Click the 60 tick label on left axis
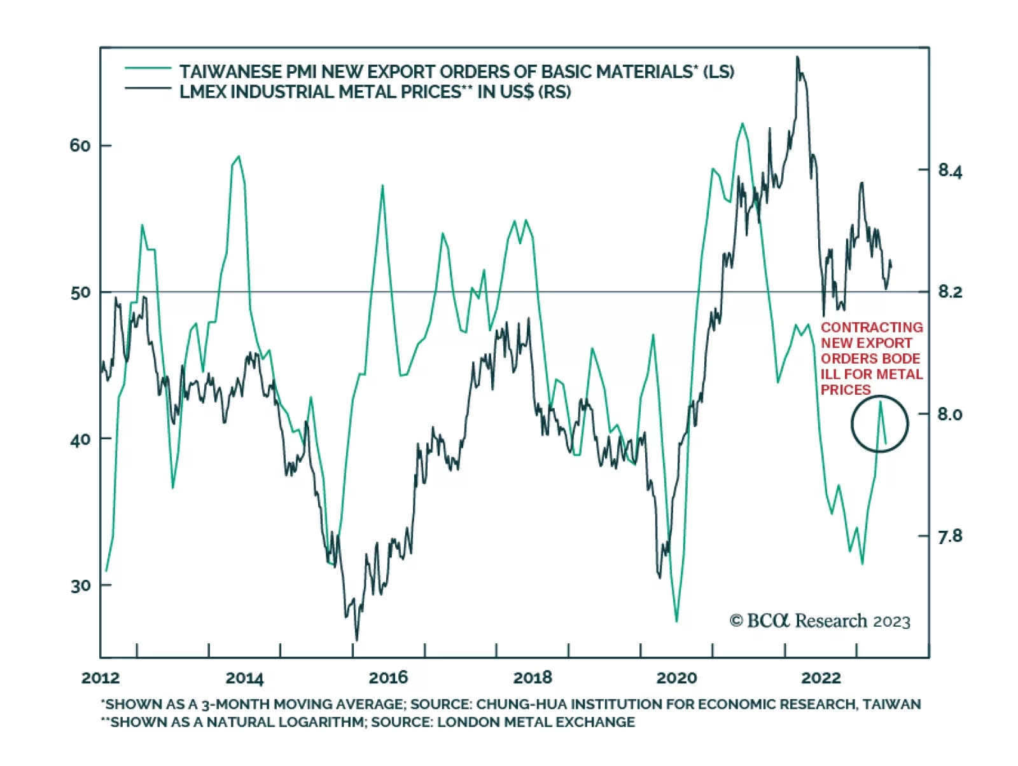pos(80,146)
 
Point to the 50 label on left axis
pos(80,293)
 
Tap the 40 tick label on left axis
pos(80,439)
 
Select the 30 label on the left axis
pos(80,585)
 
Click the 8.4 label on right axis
pos(950,170)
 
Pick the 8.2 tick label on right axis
pos(950,292)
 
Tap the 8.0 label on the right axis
pos(950,414)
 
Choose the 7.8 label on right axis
pos(950,537)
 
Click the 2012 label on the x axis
pos(101,678)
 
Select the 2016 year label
pos(388,678)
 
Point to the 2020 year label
pos(676,678)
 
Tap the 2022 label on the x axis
pos(821,678)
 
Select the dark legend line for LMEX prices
pos(148,88)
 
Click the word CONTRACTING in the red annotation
pos(872,327)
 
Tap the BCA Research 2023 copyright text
pos(820,621)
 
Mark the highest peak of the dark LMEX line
pos(798,57)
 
